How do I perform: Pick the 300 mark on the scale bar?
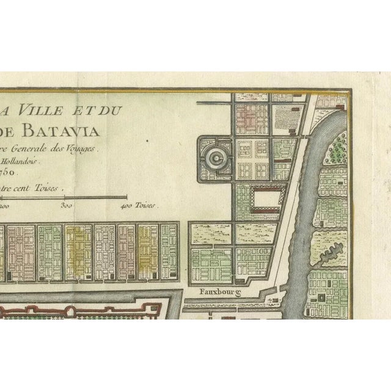pyautogui.click(x=67, y=206)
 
